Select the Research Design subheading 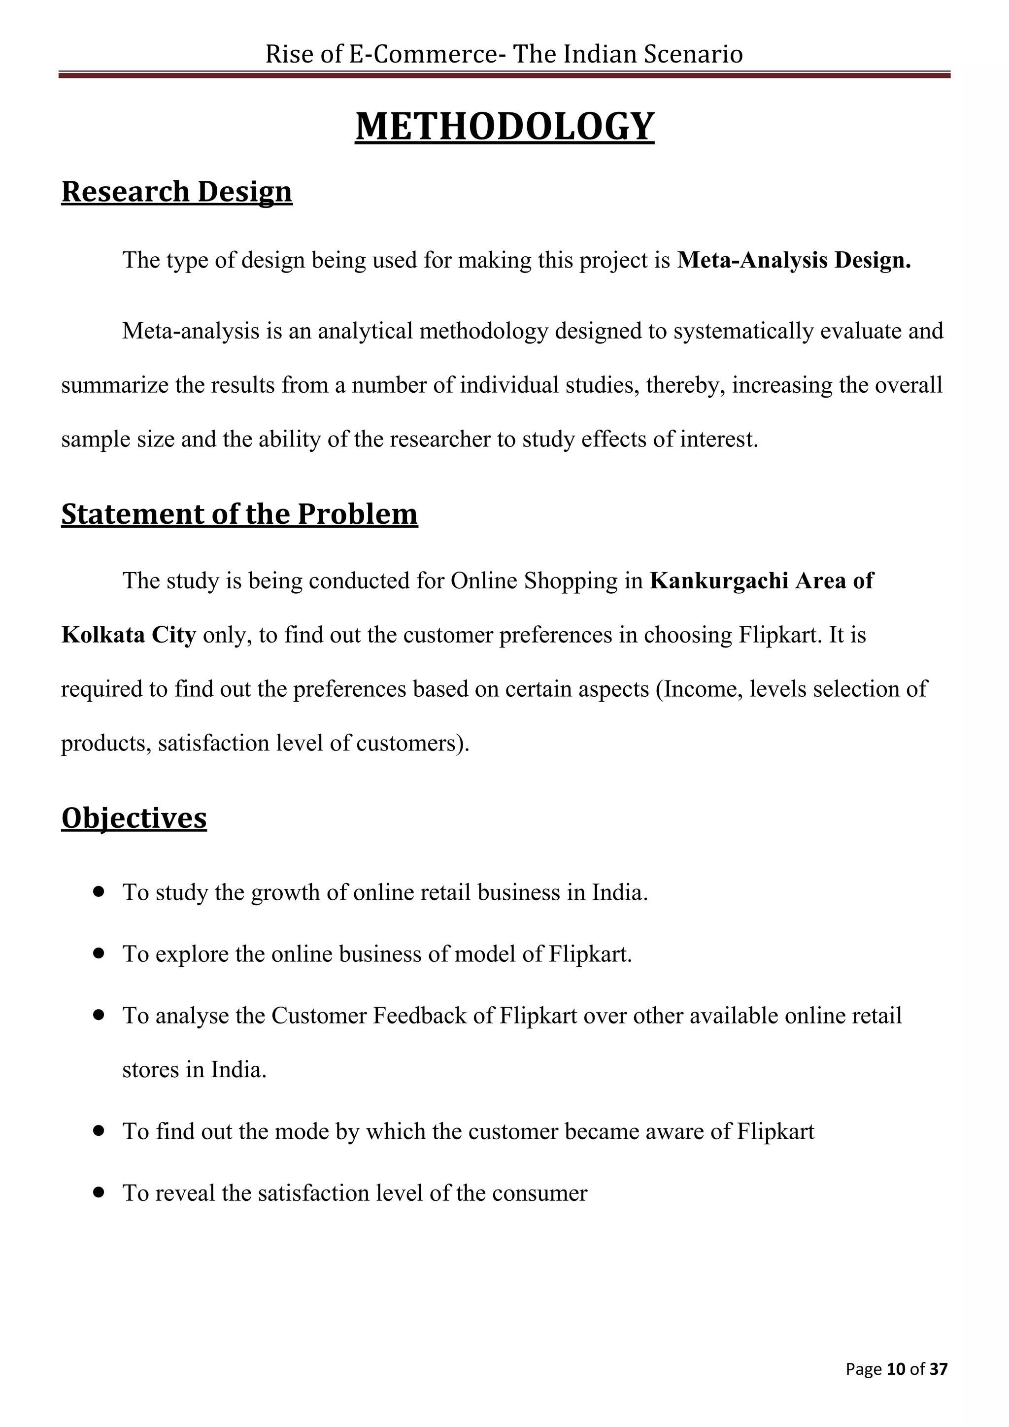pos(176,191)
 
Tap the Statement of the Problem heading pos(239,514)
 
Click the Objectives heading pos(134,817)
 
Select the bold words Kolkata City pos(129,635)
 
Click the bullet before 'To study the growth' pos(98,891)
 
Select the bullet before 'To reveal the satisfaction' pos(98,1192)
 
